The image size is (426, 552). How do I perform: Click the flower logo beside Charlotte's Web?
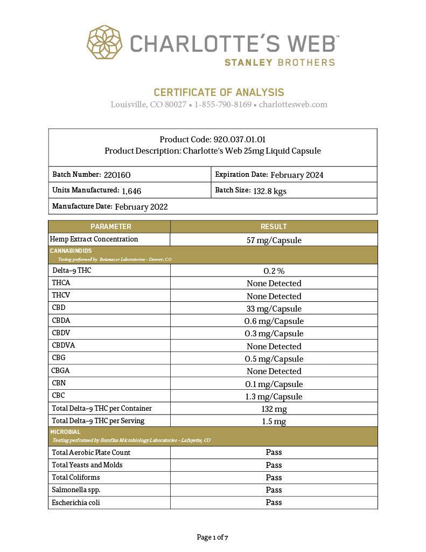point(104,42)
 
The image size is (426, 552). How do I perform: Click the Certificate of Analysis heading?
point(219,92)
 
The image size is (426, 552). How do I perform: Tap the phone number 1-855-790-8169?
point(223,105)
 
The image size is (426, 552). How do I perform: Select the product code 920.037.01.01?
point(235,140)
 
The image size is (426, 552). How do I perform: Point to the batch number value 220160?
point(117,175)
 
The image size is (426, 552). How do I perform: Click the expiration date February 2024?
point(297,175)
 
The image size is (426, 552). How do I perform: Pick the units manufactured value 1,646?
point(131,190)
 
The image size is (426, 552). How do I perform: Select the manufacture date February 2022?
point(141,206)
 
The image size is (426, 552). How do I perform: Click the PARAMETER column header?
point(110,226)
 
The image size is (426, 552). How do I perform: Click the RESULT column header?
point(274,226)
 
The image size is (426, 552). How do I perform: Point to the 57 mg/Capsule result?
point(274,240)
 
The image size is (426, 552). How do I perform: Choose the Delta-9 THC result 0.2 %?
point(274,271)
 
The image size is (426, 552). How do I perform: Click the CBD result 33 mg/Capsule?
point(274,309)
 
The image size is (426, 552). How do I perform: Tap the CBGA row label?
point(61,371)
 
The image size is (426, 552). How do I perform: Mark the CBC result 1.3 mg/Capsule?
point(274,397)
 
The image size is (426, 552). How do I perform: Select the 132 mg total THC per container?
point(274,409)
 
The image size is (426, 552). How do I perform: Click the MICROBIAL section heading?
point(65,432)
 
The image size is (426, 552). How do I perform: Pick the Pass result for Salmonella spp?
point(274,490)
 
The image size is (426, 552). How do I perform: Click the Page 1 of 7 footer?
point(213,537)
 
